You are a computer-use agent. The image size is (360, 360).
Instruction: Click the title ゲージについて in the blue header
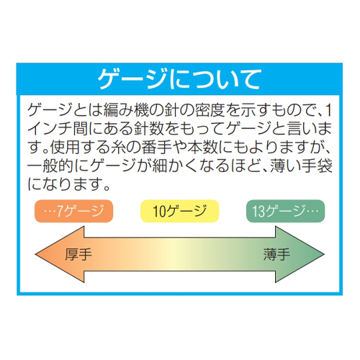pos(179,79)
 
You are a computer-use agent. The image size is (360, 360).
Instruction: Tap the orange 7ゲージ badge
pos(73,211)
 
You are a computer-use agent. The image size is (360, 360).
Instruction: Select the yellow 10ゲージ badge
pos(179,211)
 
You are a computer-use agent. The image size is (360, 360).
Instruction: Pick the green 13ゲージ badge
pos(285,211)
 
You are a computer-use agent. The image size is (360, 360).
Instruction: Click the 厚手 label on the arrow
pos(78,254)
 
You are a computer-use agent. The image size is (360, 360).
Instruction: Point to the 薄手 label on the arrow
pos(276,254)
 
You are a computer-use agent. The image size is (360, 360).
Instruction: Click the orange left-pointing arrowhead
pos(60,254)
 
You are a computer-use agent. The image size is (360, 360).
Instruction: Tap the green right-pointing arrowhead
pos(300,254)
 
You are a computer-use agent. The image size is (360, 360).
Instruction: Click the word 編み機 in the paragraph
pos(127,110)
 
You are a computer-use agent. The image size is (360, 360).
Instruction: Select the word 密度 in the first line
pos(210,110)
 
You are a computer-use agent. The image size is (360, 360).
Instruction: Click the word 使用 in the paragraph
pos(65,147)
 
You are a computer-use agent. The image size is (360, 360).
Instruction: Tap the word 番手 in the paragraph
pos(157,147)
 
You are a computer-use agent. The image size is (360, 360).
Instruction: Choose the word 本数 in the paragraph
pos(203,147)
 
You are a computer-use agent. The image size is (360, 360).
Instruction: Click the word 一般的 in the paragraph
pos(50,166)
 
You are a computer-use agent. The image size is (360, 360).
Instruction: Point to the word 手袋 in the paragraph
pos(318,166)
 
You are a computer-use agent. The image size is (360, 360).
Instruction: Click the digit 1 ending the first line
pos(329,110)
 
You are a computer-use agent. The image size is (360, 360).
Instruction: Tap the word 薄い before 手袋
pos(286,166)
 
